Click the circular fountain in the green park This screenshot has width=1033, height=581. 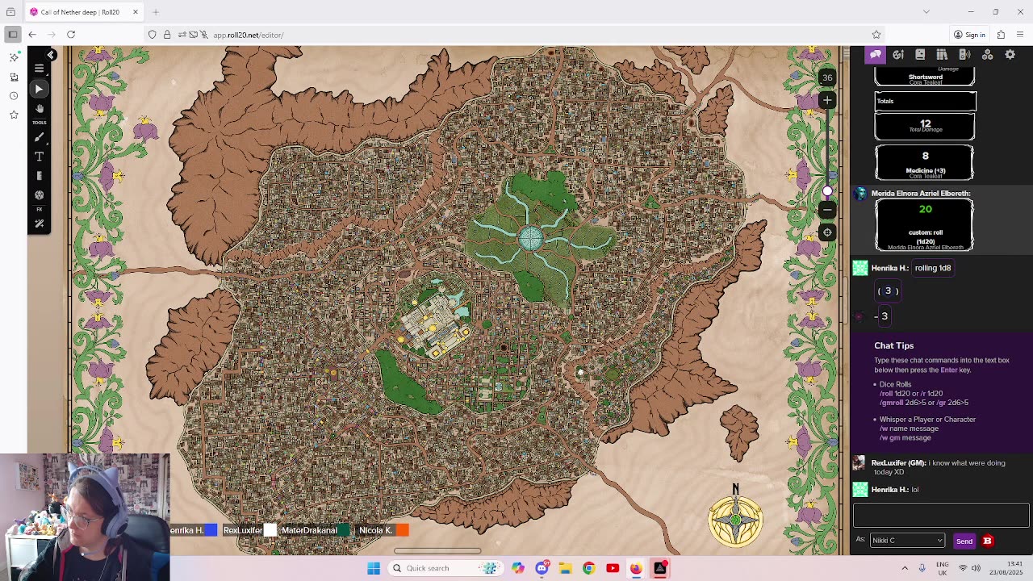pyautogui.click(x=530, y=238)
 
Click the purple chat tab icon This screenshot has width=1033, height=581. pyautogui.click(x=876, y=55)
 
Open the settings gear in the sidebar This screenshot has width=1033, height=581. pyautogui.click(x=1010, y=55)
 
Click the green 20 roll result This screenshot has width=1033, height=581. pyautogui.click(x=925, y=210)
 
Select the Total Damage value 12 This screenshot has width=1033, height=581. pyautogui.click(x=925, y=123)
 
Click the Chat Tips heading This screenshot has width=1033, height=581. pyautogui.click(x=893, y=345)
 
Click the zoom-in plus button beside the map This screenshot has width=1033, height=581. pyautogui.click(x=827, y=100)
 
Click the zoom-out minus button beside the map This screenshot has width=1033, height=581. pyautogui.click(x=827, y=210)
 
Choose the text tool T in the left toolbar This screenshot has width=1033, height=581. pyautogui.click(x=39, y=157)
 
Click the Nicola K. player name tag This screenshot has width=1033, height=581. pyautogui.click(x=375, y=530)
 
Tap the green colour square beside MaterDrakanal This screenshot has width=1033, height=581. pyautogui.click(x=345, y=530)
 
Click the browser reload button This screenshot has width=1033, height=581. pyautogui.click(x=71, y=35)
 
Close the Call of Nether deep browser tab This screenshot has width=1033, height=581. pyautogui.click(x=136, y=12)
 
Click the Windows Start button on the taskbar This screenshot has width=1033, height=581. pyautogui.click(x=374, y=568)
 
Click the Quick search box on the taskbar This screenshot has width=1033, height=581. pyautogui.click(x=440, y=568)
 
